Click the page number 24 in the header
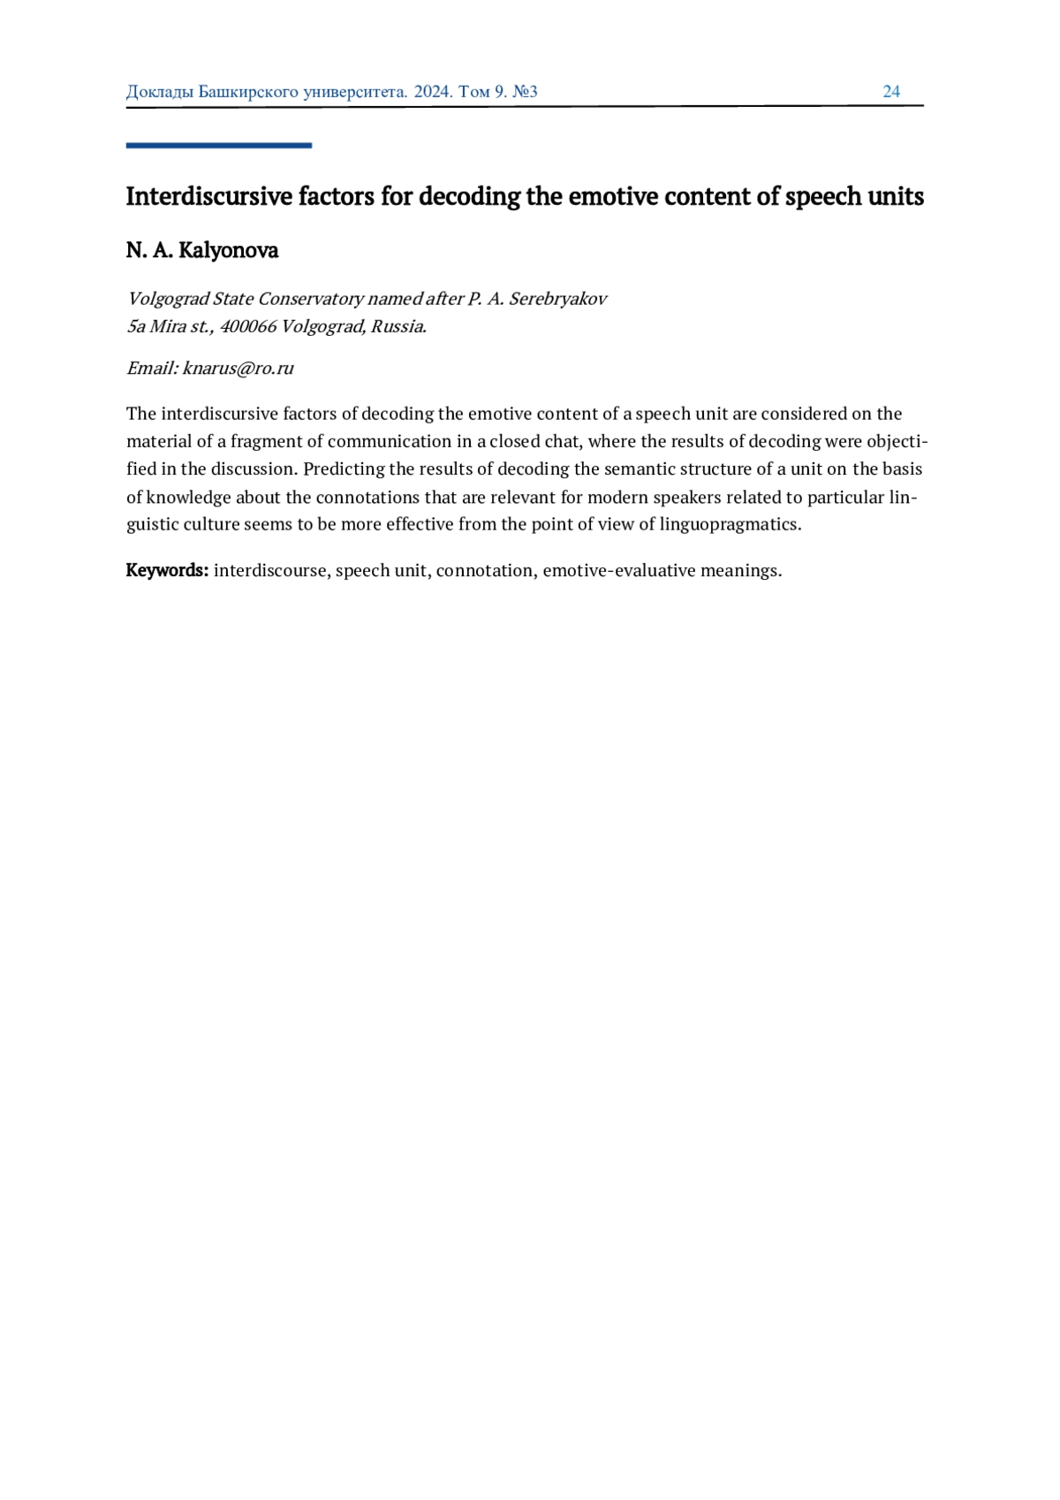click(891, 92)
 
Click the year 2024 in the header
click(432, 92)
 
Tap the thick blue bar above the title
click(218, 145)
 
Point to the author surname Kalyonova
click(228, 251)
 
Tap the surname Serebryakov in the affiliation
click(557, 299)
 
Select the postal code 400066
click(247, 326)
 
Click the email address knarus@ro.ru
click(238, 369)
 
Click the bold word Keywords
click(167, 570)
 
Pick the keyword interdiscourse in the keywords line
click(270, 570)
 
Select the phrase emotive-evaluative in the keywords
click(618, 570)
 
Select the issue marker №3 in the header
click(525, 92)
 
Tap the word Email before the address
click(152, 369)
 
